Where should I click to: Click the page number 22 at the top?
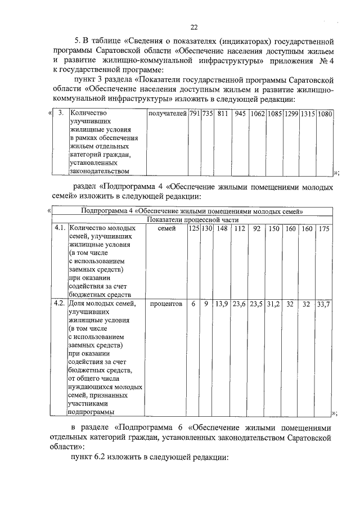pyautogui.click(x=193, y=27)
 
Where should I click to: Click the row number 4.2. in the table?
pyautogui.click(x=60, y=304)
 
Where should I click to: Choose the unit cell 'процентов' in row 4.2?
pyautogui.click(x=166, y=304)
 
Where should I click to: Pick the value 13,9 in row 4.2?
pyautogui.click(x=222, y=304)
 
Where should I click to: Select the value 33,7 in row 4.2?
pyautogui.click(x=324, y=304)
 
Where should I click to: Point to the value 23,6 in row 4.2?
pyautogui.click(x=240, y=304)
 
